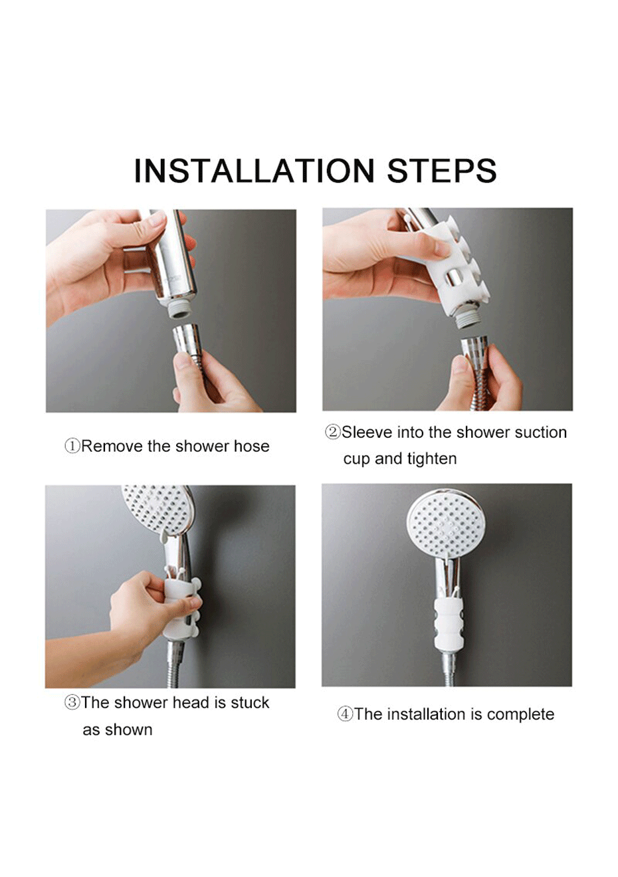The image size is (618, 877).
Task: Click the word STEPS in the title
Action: (442, 171)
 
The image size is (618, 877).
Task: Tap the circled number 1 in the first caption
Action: (72, 446)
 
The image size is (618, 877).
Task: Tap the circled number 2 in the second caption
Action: (333, 433)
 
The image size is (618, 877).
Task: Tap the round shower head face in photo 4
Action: (447, 526)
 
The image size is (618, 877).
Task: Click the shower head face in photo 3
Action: (157, 510)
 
